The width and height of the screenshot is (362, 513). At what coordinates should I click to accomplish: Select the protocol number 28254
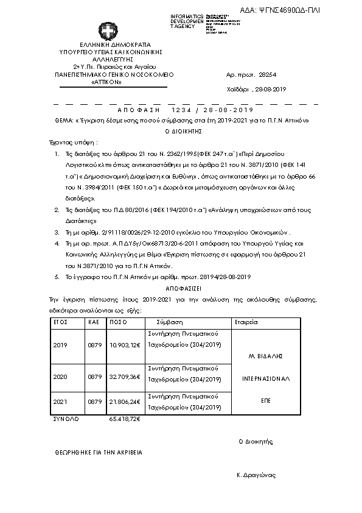coord(268,73)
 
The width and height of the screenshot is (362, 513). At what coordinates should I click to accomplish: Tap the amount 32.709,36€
coord(125,377)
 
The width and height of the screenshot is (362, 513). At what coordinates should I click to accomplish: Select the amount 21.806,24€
coord(125,402)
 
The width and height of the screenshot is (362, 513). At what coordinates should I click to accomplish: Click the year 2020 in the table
coord(60,377)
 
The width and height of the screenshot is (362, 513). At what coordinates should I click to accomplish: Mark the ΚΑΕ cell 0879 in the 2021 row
coord(94,402)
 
